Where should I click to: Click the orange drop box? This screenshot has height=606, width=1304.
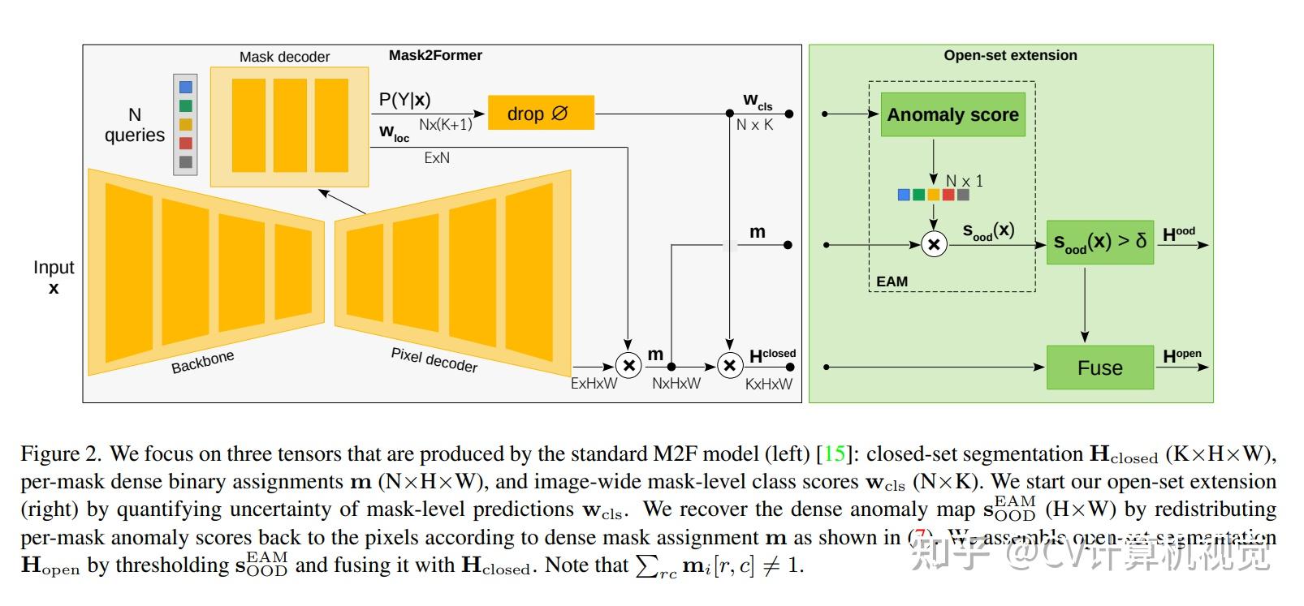[x=541, y=114]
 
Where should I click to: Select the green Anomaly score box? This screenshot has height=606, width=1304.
[x=952, y=114]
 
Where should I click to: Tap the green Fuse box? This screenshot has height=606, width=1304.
[x=1099, y=367]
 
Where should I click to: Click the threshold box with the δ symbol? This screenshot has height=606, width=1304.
[x=1099, y=242]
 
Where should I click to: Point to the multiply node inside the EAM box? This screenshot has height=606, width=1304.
[x=934, y=244]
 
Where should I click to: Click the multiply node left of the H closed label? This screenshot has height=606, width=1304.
[x=729, y=366]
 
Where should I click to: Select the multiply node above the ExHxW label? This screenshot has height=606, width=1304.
[x=628, y=366]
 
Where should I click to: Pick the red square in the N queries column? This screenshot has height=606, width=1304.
[x=186, y=144]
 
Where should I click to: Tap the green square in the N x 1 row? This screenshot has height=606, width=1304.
[x=918, y=195]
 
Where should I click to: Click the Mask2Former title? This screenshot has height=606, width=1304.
[x=435, y=55]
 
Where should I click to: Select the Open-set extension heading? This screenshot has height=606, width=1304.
[x=1010, y=55]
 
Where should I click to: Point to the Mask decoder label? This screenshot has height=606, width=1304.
[x=284, y=57]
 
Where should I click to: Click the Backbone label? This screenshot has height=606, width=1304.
[x=202, y=362]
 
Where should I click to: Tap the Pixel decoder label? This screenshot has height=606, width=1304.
[x=434, y=359]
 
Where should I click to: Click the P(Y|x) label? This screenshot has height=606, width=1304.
[x=404, y=100]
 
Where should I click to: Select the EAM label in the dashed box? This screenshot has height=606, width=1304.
[x=892, y=282]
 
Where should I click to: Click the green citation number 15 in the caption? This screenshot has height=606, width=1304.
[x=834, y=453]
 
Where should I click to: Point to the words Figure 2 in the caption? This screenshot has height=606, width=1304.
[x=61, y=453]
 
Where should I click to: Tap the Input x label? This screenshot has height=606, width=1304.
[x=54, y=277]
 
